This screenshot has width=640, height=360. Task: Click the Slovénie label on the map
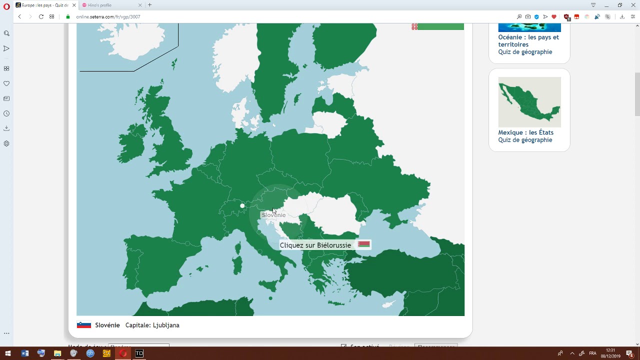tap(273, 215)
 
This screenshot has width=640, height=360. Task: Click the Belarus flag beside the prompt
tap(364, 244)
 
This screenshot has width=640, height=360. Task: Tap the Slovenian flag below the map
tap(83, 325)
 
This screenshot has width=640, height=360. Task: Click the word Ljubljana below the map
tap(166, 325)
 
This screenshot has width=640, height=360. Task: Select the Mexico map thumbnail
tap(529, 102)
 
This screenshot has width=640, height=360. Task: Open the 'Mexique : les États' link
tap(525, 132)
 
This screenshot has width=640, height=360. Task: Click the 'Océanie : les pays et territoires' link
tap(528, 40)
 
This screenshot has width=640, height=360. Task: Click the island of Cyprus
tap(388, 304)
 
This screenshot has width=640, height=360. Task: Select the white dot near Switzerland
tap(242, 205)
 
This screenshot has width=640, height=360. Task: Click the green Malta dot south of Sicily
tap(270, 298)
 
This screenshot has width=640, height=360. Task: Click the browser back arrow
tap(19, 16)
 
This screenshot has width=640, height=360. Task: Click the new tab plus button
tap(149, 5)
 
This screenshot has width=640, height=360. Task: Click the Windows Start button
tap(7, 353)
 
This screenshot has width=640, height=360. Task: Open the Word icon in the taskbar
tap(25, 353)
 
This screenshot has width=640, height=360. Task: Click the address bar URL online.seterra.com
tap(108, 16)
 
